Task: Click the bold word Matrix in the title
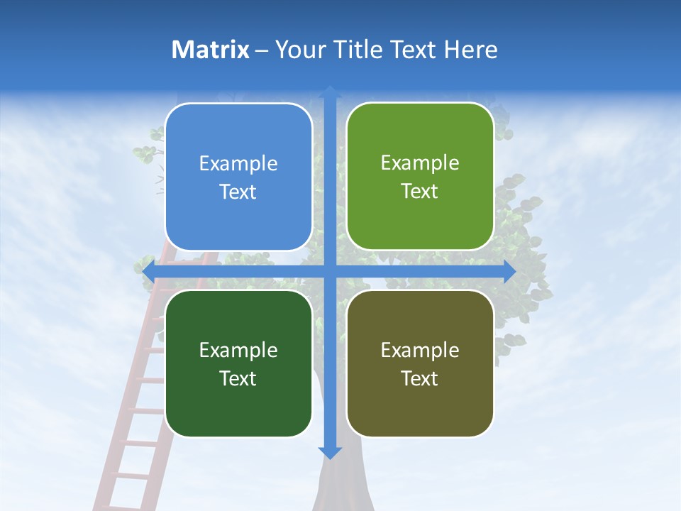(x=211, y=50)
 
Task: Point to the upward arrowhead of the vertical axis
(x=330, y=92)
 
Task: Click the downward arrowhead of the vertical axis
(x=330, y=452)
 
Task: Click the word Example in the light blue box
(x=238, y=164)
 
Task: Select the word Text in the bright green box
(x=420, y=192)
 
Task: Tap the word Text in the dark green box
(x=238, y=378)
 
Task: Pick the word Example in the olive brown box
(x=420, y=350)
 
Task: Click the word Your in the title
(x=293, y=50)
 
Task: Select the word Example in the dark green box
(x=238, y=350)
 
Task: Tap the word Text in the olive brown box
(x=420, y=378)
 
